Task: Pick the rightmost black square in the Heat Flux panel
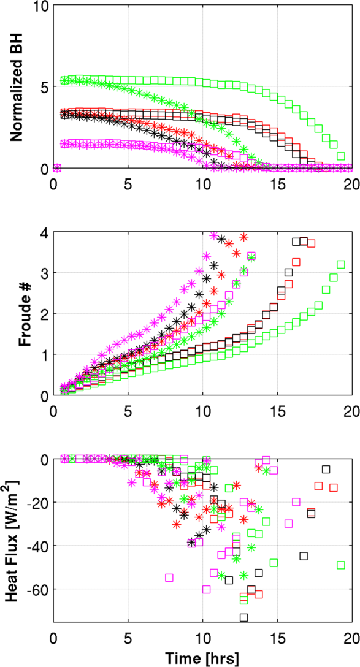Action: click(326, 469)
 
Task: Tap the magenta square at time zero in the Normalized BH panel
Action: click(57, 169)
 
